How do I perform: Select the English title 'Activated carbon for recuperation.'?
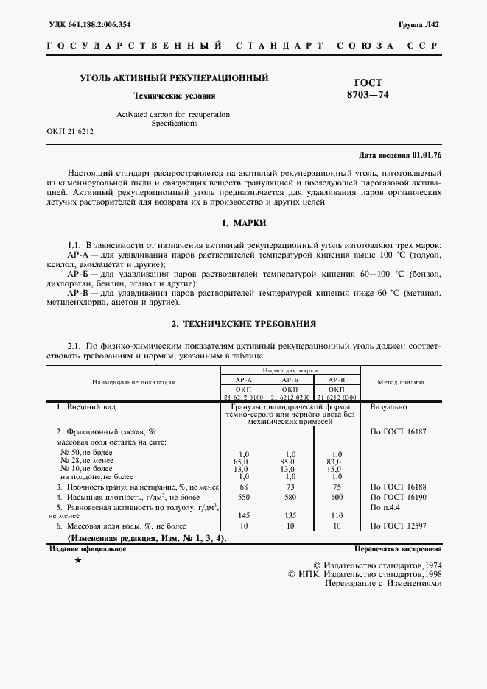click(174, 115)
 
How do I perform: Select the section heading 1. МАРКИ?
click(243, 222)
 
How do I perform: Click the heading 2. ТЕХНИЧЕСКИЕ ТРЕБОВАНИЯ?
click(243, 323)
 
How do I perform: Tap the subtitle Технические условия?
click(174, 96)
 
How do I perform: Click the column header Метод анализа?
click(401, 382)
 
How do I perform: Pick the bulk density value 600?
click(337, 498)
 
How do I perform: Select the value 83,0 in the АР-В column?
click(337, 461)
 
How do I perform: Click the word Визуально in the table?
click(389, 406)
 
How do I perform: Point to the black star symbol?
click(78, 562)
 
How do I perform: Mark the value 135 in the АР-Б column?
click(290, 516)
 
